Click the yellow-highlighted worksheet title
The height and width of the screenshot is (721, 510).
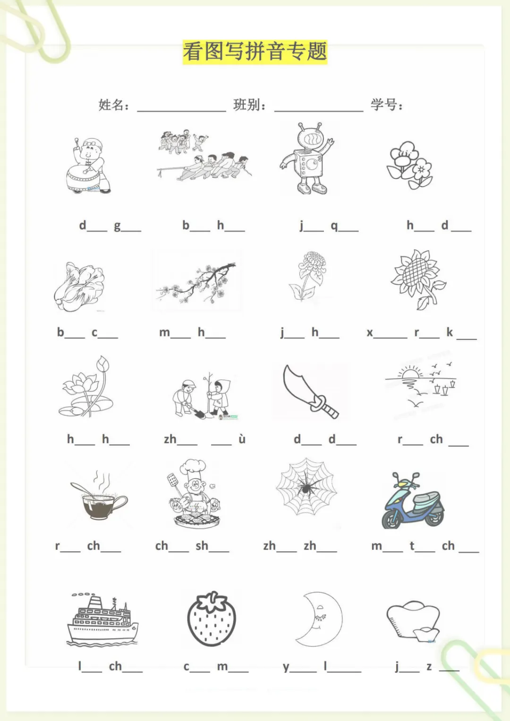255,52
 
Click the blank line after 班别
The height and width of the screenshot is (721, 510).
319,111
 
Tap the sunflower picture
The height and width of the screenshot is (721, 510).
418,279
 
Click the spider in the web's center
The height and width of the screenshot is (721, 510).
306,486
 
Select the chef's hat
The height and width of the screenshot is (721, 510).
193,469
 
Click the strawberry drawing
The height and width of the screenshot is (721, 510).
212,619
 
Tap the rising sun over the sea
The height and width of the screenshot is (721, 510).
410,374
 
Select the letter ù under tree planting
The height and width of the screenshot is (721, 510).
242,438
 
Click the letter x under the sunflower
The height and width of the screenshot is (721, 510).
370,333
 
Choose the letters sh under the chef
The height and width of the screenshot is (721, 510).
202,545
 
